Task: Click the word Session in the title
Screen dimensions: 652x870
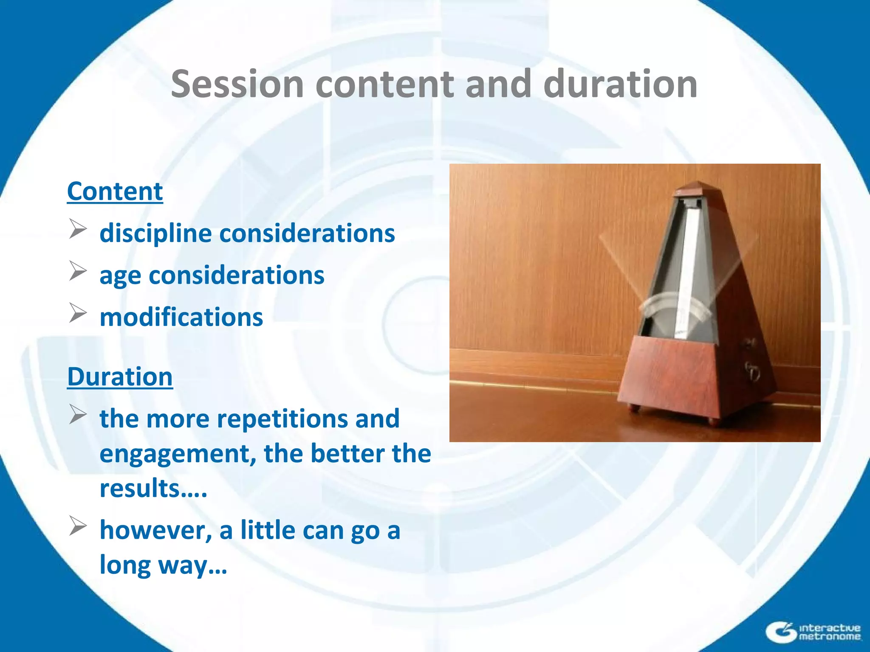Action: [x=237, y=84]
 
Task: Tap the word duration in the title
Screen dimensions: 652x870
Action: [x=620, y=84]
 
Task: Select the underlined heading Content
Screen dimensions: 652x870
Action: [x=115, y=191]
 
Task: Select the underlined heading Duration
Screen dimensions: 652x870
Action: [x=120, y=377]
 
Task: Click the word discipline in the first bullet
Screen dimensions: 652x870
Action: [x=155, y=233]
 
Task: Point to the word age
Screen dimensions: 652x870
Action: [x=120, y=276]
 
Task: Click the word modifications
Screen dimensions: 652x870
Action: [x=181, y=317]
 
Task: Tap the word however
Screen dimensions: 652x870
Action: [x=155, y=530]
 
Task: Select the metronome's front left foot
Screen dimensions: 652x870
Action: [x=635, y=408]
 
